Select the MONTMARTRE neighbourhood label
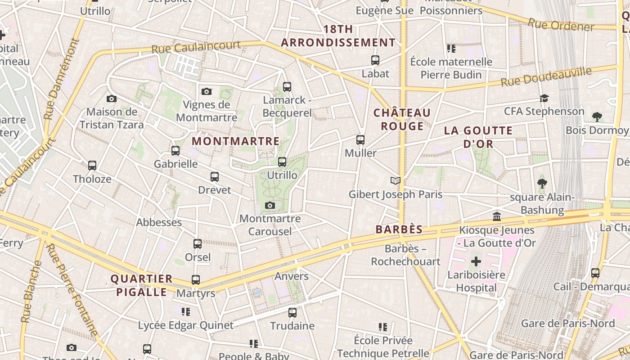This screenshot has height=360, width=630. click(236, 141)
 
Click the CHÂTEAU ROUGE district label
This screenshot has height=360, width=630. click(402, 119)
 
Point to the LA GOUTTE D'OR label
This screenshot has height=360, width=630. click(478, 137)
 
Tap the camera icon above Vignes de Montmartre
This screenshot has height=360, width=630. click(207, 91)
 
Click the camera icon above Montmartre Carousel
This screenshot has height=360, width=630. click(270, 205)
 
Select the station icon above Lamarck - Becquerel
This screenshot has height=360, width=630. click(287, 86)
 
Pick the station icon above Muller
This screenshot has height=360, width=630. click(360, 139)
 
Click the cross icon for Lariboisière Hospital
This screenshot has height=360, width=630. click(476, 261)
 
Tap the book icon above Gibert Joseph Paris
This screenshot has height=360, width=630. click(396, 180)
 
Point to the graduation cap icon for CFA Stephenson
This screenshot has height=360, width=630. click(544, 98)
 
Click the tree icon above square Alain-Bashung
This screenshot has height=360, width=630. click(542, 184)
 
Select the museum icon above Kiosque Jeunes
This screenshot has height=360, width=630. click(497, 217)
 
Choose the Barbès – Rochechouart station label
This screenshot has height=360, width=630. click(405, 255)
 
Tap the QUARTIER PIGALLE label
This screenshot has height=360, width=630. click(142, 285)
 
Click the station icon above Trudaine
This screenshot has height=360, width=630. click(292, 312)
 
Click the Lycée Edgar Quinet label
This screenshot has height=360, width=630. click(186, 325)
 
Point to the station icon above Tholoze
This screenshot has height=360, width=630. click(92, 165)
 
